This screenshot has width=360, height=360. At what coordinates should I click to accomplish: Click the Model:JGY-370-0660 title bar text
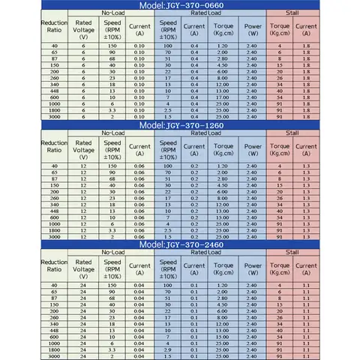pyautogui.click(x=180, y=6)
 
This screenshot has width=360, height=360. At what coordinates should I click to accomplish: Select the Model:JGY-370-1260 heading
pyautogui.click(x=180, y=124)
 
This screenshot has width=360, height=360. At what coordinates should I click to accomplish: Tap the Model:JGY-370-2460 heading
pyautogui.click(x=180, y=244)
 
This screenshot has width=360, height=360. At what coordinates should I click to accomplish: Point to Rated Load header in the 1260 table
pyautogui.click(x=210, y=133)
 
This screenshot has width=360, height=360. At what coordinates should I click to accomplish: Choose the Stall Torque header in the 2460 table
pyautogui.click(x=279, y=267)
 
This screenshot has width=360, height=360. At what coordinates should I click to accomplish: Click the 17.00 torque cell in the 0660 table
pyautogui.click(x=222, y=97)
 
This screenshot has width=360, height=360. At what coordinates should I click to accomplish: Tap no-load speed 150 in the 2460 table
pyautogui.click(x=111, y=285)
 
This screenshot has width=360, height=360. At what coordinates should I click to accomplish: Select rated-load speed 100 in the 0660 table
pyautogui.click(x=169, y=46)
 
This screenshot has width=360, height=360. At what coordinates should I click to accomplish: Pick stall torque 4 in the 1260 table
pyautogui.click(x=279, y=166)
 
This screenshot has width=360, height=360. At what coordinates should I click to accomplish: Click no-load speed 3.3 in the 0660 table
pyautogui.click(x=111, y=109)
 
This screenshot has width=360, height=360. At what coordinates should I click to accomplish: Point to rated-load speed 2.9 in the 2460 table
pyautogui.click(x=169, y=350)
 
